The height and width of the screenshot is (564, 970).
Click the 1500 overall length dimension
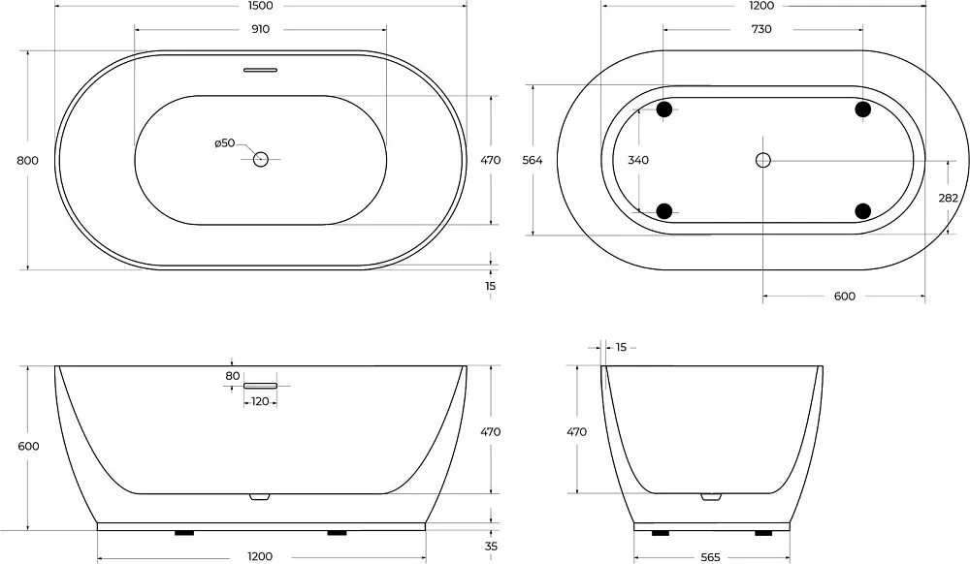[260, 6]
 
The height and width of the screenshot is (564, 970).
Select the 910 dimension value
[260, 29]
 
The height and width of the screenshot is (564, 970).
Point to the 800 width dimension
[27, 161]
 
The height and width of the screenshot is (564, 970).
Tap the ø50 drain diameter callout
[225, 143]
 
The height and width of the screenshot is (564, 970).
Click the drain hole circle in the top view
[260, 159]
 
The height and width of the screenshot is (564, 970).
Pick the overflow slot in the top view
[260, 70]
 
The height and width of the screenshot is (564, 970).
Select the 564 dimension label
[532, 160]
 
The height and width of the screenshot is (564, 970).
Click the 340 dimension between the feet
[638, 160]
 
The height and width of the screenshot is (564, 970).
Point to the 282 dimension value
[948, 198]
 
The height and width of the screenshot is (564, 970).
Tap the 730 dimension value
[761, 29]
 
